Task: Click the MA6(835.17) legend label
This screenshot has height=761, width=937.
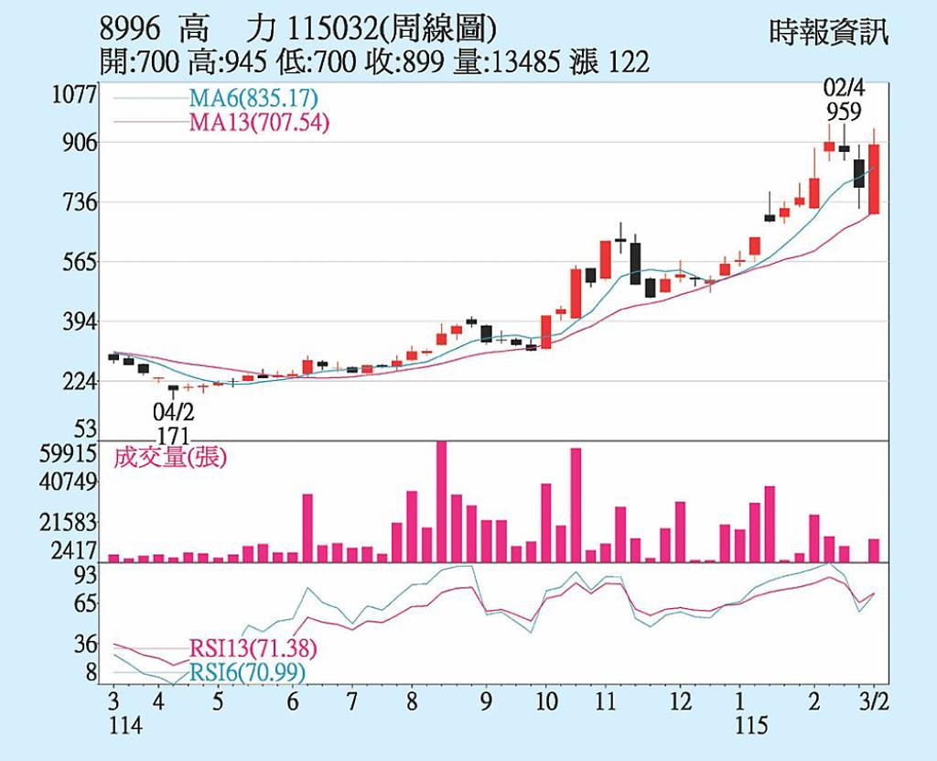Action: click(253, 98)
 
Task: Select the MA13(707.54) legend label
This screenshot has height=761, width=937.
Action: click(259, 123)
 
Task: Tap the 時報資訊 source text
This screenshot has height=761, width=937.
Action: click(829, 35)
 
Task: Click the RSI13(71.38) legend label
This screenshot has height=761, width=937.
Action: click(253, 649)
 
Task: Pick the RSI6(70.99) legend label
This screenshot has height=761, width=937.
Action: click(247, 673)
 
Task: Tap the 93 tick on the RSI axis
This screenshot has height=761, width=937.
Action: click(85, 575)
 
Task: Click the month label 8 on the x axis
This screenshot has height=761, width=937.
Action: click(413, 702)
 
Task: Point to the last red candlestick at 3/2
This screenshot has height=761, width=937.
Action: click(874, 179)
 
